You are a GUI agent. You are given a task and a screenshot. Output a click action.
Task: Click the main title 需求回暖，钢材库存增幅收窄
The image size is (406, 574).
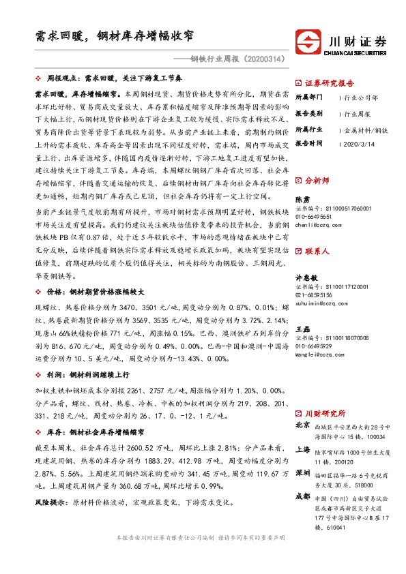114,35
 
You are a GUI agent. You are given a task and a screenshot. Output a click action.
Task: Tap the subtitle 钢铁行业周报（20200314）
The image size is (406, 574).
229,59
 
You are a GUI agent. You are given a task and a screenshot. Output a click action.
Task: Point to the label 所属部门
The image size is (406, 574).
308,97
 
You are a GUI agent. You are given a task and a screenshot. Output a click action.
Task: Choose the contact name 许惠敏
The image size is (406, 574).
305,279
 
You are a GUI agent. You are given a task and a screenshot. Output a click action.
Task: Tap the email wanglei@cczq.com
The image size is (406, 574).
320,354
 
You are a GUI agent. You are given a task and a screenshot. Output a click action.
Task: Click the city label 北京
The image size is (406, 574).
303,425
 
